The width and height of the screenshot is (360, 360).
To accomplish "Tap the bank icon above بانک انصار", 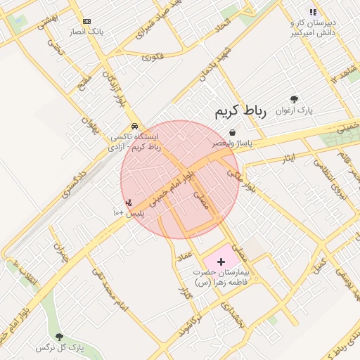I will [x=86, y=22].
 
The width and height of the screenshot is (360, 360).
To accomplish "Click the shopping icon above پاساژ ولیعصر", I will [x=232, y=132].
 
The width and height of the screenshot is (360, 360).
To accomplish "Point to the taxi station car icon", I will [x=134, y=126].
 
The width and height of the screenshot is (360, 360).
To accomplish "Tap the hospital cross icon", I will [x=221, y=261].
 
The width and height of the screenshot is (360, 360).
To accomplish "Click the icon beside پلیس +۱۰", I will [x=128, y=202].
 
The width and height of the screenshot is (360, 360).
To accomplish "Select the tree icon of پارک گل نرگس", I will [x=59, y=337].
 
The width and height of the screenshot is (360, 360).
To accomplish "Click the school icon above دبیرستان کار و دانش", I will [x=313, y=12].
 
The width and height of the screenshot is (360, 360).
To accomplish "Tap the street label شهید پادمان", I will [x=214, y=64].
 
